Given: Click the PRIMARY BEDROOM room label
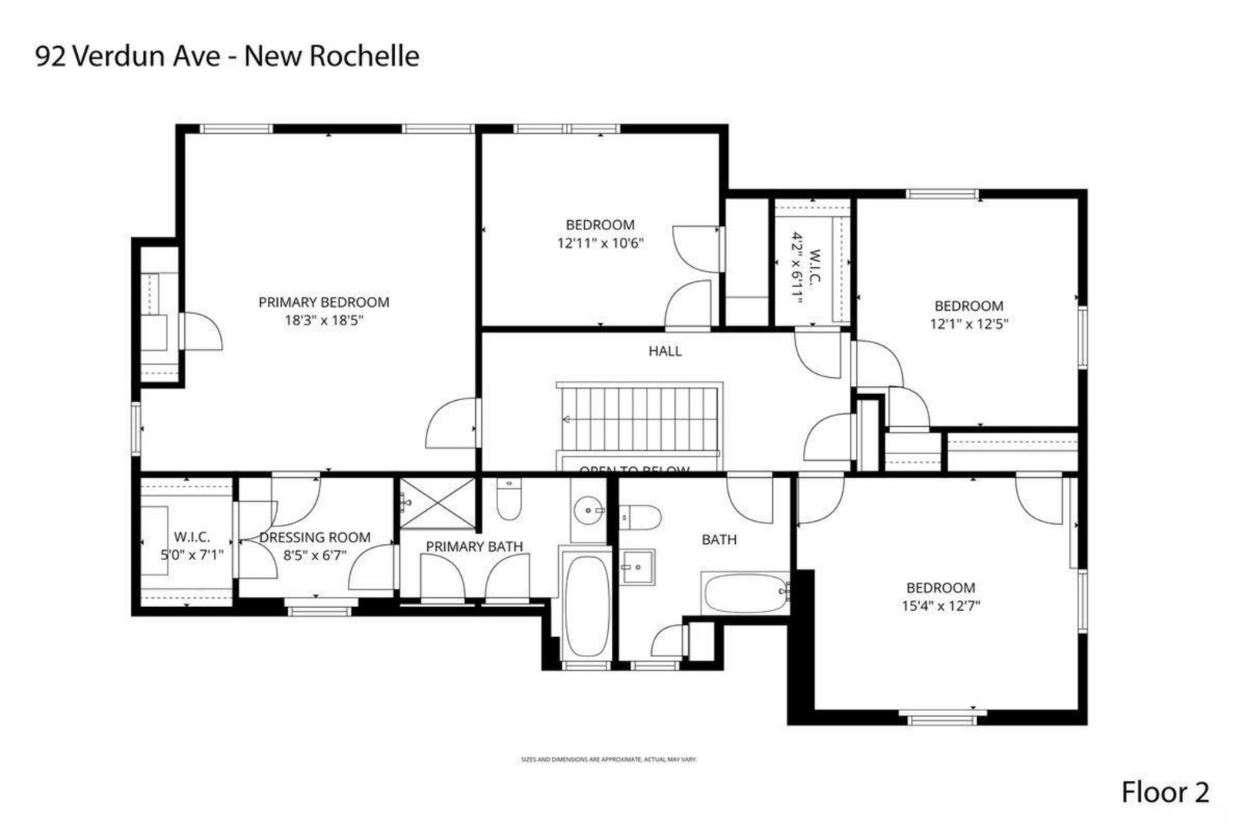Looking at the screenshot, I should [x=323, y=302].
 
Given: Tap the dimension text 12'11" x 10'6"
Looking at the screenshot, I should [x=600, y=243].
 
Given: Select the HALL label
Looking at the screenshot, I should [x=665, y=351].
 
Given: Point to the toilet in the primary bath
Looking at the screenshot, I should [x=508, y=500].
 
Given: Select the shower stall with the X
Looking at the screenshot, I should [x=436, y=503].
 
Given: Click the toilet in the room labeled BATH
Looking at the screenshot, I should [x=640, y=516].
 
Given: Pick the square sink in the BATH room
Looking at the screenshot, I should [x=637, y=567].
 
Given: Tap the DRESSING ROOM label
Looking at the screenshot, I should [x=315, y=537].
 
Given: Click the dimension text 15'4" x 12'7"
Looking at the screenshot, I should [x=941, y=606].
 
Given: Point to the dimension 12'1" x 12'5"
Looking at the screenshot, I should [x=969, y=324].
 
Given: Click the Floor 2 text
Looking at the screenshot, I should [x=1165, y=792].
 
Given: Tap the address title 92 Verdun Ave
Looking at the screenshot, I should [x=228, y=56].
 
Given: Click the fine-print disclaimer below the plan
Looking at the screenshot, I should [x=609, y=759].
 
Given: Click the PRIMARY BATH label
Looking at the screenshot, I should [x=474, y=546].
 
